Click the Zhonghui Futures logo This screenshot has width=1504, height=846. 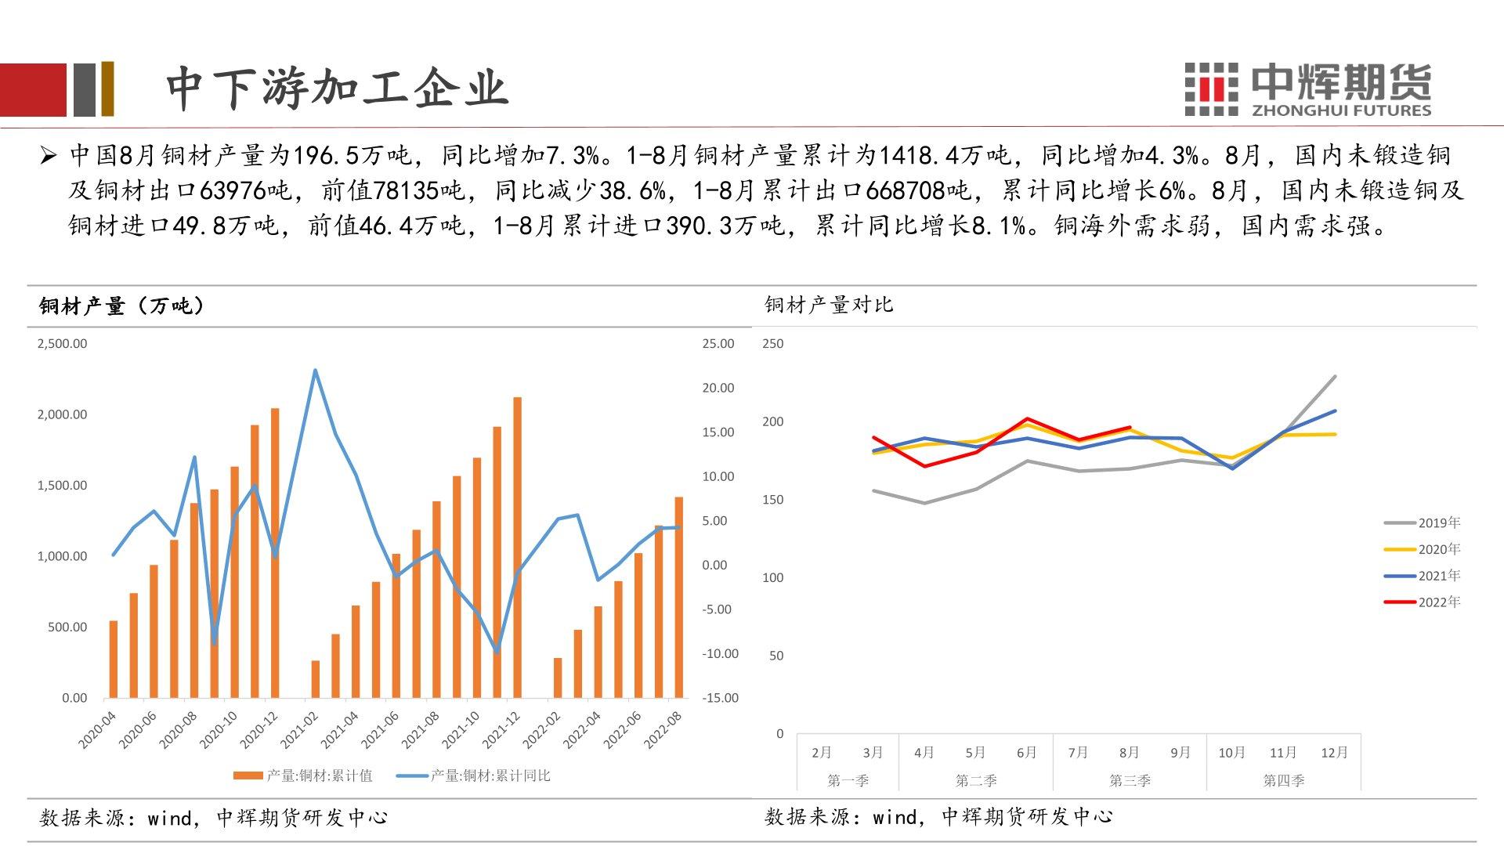pos(1307,89)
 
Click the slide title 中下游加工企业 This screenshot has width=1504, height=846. pos(338,87)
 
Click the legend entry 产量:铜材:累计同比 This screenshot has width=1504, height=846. pos(474,775)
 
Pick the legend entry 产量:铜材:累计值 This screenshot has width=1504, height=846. pos(303,775)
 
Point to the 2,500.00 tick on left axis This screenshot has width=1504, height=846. pos(62,344)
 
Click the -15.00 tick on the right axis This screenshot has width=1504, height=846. pos(720,698)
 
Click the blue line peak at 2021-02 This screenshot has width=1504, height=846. pos(315,371)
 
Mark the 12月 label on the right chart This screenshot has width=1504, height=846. pos(1334,753)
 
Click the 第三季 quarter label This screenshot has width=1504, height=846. pos(1129,781)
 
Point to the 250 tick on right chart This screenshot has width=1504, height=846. pos(773,344)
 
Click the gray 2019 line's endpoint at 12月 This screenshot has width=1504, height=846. pos(1335,377)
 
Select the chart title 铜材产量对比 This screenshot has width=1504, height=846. pos(829,305)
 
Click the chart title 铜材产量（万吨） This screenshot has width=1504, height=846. pos(121,305)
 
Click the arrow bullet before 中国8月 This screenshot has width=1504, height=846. pos(49,156)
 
